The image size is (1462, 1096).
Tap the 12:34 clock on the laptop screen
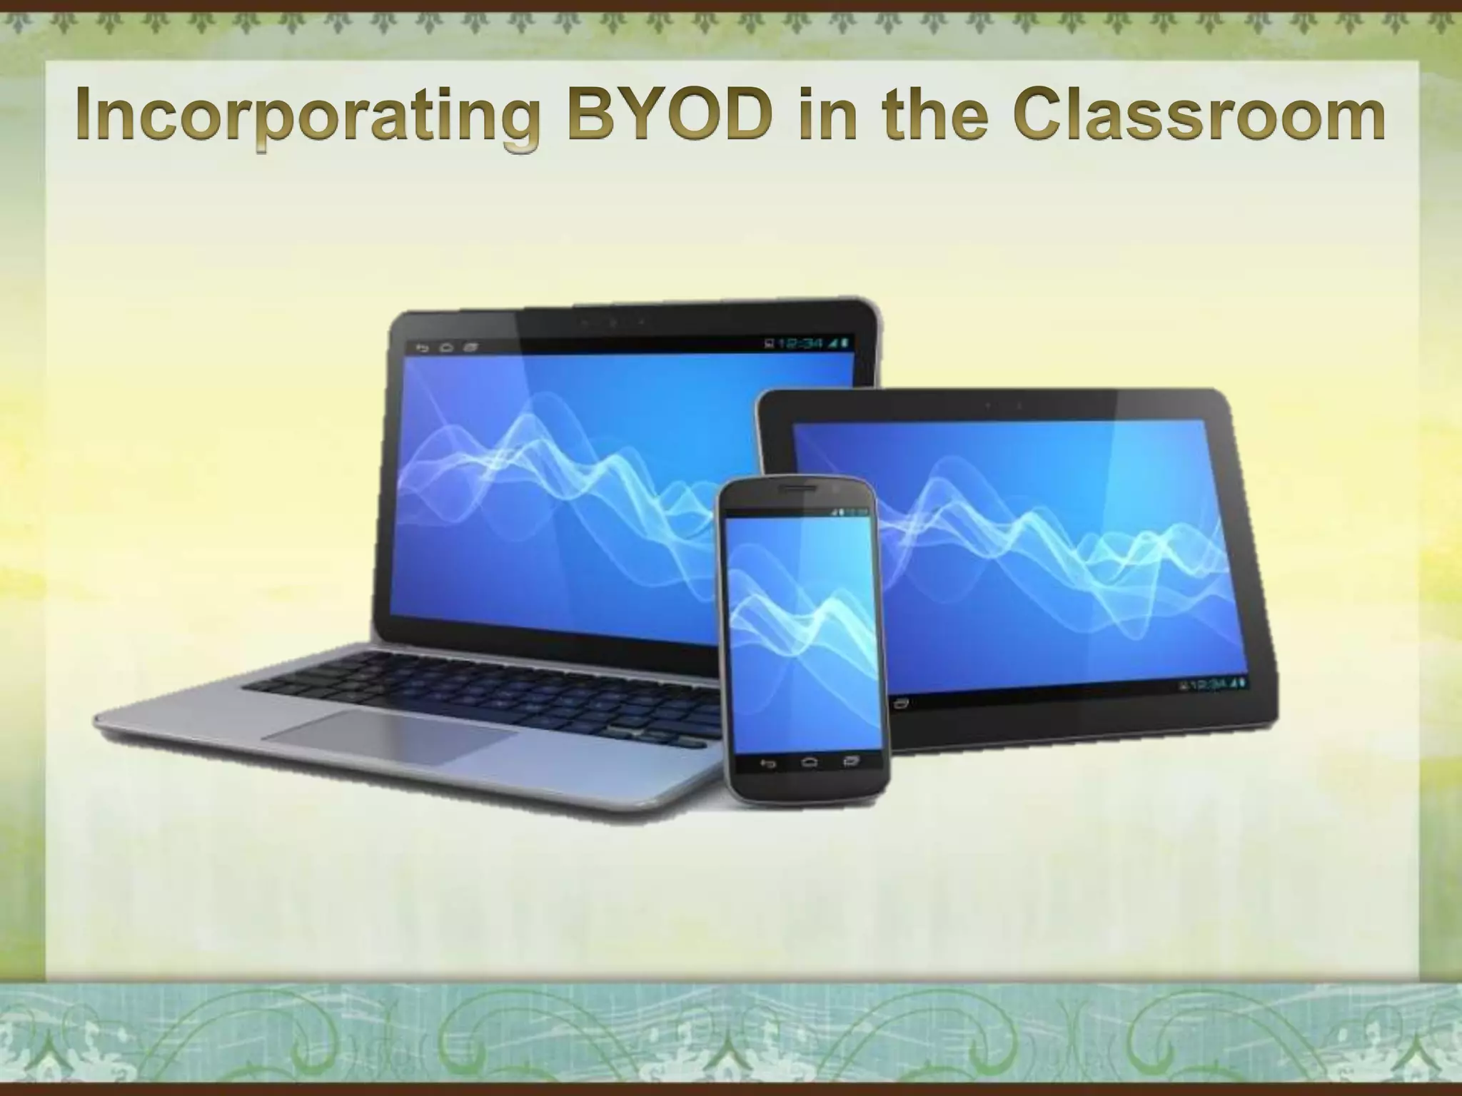802,344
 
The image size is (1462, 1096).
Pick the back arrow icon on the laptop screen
423,348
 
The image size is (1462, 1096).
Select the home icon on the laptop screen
447,348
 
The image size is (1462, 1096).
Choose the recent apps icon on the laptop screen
470,348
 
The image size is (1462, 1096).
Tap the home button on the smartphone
809,763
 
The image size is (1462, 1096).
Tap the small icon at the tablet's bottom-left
901,703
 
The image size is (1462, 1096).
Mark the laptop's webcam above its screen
612,322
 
